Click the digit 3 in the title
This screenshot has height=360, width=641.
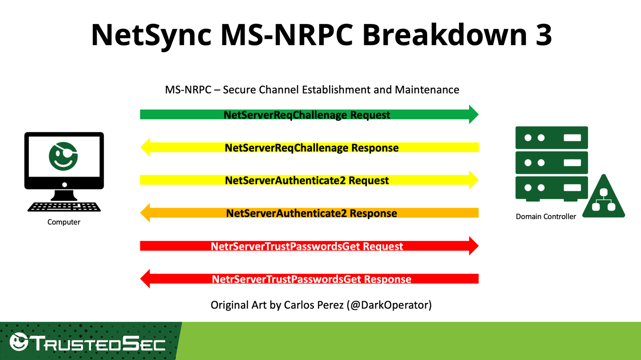[x=543, y=34]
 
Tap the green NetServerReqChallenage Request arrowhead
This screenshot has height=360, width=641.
[x=473, y=114]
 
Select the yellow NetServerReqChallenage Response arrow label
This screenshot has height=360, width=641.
[x=311, y=148]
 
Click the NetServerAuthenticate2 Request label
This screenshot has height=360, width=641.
[x=307, y=180]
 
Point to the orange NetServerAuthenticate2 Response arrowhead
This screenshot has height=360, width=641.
[x=145, y=213]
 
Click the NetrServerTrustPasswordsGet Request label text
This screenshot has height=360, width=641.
[x=307, y=246]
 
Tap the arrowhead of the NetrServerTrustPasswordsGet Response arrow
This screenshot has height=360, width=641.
[x=145, y=279]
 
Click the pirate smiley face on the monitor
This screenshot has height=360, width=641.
[x=63, y=157]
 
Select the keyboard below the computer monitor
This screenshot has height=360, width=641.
[x=64, y=207]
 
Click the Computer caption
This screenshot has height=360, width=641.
[x=64, y=222]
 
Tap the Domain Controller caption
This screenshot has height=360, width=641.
[x=546, y=217]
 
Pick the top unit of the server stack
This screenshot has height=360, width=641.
[x=551, y=137]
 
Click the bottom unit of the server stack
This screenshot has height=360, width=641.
[x=551, y=188]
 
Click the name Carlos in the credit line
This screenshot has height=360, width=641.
[x=299, y=305]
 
